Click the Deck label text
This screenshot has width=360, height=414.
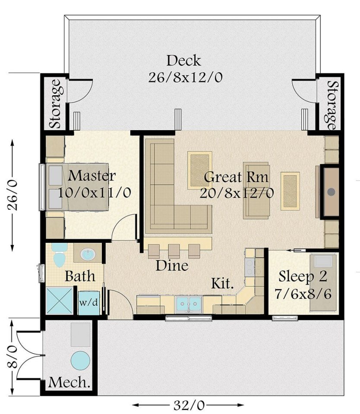[184, 60]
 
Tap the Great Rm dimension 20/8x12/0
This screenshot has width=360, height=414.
[237, 193]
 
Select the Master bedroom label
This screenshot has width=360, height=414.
[92, 176]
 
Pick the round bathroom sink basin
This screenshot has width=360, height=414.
[88, 254]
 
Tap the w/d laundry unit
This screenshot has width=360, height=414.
[89, 303]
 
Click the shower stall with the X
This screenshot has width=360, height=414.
[60, 301]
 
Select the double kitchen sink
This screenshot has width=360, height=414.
[189, 304]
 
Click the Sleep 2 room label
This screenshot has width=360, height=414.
[303, 276]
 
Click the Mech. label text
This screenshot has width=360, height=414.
[69, 382]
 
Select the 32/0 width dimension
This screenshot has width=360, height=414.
[189, 405]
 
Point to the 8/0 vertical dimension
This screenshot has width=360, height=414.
[12, 357]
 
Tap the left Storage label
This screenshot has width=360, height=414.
[56, 104]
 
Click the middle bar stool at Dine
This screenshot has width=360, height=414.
[174, 251]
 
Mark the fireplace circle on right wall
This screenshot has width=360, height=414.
[331, 192]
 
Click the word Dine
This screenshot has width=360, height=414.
[172, 265]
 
